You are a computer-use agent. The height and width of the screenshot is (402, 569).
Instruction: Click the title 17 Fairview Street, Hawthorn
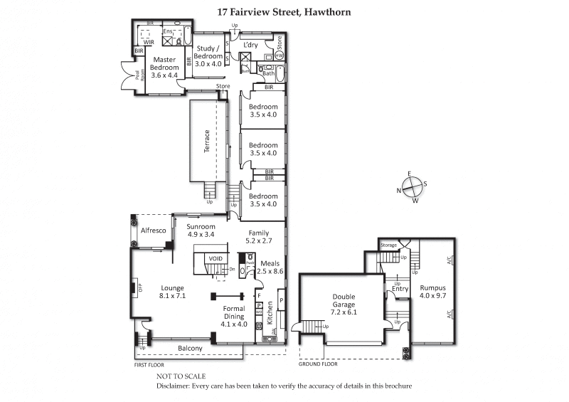point(284,12)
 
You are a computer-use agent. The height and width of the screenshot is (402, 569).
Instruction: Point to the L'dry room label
point(250,44)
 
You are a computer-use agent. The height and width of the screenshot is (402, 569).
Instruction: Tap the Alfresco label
point(153,231)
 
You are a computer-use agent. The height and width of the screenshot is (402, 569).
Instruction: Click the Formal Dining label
point(233,319)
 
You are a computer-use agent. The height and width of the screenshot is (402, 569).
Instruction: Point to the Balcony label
point(190,348)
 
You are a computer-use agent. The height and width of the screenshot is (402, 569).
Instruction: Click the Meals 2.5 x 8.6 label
point(270,266)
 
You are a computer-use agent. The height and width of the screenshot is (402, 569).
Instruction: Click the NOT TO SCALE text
point(181,375)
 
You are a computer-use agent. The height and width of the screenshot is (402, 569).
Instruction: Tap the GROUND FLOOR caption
point(317,364)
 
